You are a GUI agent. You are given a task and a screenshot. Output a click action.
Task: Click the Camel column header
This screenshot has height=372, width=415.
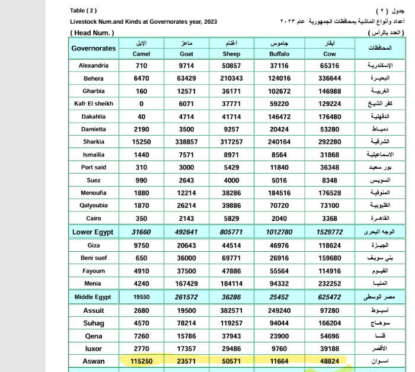pyautogui.click(x=141, y=54)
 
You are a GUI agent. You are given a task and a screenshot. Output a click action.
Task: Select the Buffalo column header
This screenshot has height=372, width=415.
pyautogui.click(x=279, y=54)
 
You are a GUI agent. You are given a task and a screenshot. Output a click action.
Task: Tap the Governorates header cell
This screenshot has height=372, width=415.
pyautogui.click(x=94, y=48)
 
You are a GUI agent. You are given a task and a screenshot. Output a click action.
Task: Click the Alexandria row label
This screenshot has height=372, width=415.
pyautogui.click(x=94, y=66)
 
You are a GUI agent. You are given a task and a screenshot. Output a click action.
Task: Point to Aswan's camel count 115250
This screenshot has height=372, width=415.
pyautogui.click(x=142, y=361)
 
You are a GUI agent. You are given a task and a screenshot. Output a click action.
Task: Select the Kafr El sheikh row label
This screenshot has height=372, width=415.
pyautogui.click(x=94, y=104)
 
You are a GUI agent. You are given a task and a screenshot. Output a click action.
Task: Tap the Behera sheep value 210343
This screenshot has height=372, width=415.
pyautogui.click(x=231, y=79)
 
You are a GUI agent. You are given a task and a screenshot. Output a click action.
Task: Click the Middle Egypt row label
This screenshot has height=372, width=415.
pyautogui.click(x=94, y=296)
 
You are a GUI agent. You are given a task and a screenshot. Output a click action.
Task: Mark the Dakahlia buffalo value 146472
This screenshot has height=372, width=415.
pyautogui.click(x=279, y=117)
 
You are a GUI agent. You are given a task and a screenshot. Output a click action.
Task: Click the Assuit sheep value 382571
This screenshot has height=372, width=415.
pyautogui.click(x=231, y=310)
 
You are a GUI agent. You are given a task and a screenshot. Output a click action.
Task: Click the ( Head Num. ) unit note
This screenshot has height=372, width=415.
pyautogui.click(x=91, y=33)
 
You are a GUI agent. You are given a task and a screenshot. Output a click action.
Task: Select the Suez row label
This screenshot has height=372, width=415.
pyautogui.click(x=94, y=180)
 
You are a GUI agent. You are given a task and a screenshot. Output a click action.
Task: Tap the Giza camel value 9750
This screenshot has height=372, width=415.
pyautogui.click(x=142, y=245)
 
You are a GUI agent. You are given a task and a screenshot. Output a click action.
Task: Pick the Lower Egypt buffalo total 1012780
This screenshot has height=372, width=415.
pyautogui.click(x=279, y=232)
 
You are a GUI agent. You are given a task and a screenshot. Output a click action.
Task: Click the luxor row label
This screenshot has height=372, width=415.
pyautogui.click(x=94, y=349)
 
